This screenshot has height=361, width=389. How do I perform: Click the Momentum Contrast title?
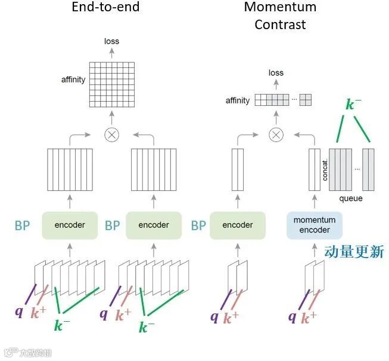coord(279,16)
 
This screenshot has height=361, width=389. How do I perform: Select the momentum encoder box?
coord(314,225)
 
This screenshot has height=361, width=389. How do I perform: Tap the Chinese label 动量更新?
coord(354,252)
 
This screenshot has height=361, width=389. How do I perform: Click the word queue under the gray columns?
coord(350,198)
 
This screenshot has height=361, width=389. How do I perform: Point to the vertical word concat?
coord(325,169)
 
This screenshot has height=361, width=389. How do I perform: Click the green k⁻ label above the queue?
coord(353,105)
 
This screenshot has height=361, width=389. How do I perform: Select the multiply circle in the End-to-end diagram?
coord(111,134)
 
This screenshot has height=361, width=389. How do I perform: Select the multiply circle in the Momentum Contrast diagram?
coord(275,134)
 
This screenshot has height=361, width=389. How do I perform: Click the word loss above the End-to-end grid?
coord(111,41)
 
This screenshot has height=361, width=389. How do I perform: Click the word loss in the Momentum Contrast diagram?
coord(276,73)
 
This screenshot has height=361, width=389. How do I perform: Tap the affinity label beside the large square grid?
coord(73,79)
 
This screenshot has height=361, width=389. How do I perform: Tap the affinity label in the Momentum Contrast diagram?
coord(238,101)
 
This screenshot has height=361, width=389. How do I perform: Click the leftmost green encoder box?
coord(70,225)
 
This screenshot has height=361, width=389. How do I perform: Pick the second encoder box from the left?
coord(153,225)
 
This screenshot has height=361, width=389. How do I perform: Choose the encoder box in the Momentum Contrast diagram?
coord(237,225)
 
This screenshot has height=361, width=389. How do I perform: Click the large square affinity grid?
coord(111,84)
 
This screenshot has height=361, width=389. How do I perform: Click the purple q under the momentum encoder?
coord(292,316)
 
